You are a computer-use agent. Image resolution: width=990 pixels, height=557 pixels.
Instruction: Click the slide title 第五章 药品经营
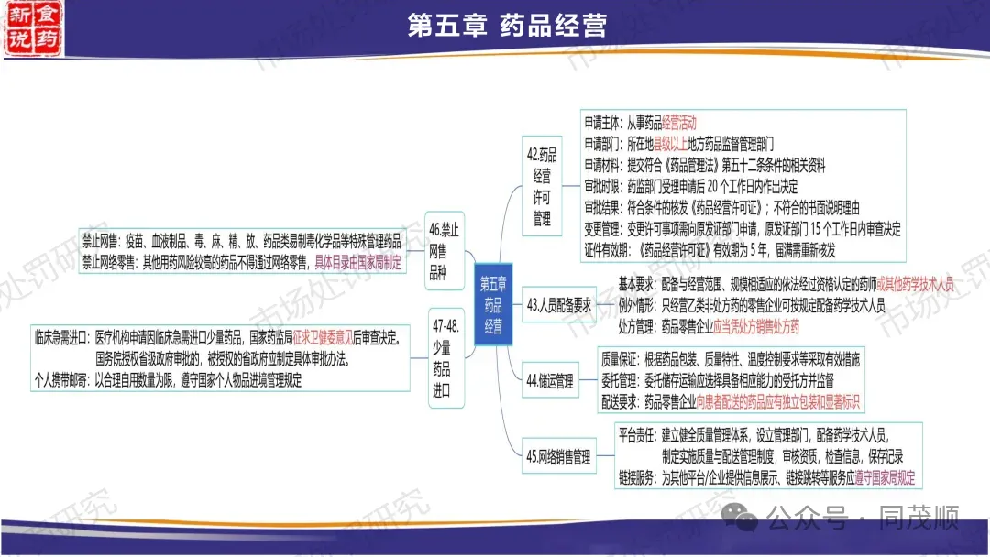[506, 26]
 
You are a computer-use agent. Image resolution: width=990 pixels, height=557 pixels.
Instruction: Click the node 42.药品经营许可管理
[542, 187]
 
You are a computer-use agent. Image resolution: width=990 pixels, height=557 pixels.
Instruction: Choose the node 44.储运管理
[550, 380]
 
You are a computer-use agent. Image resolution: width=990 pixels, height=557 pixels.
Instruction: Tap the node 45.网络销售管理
[557, 457]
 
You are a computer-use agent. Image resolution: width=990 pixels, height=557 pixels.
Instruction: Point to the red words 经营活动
[678, 122]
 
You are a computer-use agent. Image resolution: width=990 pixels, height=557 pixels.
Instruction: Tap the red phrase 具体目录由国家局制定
[358, 261]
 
